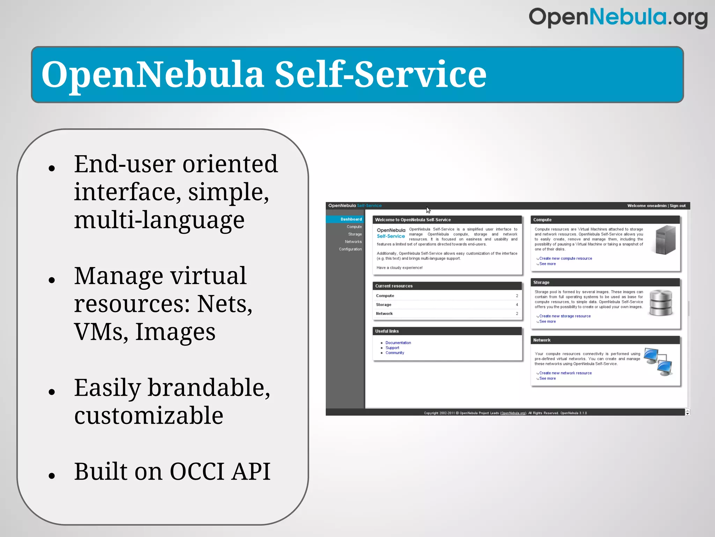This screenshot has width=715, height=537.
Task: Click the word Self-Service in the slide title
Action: click(381, 74)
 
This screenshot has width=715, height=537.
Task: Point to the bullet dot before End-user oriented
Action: click(52, 169)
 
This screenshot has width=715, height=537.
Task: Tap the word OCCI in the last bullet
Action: click(197, 472)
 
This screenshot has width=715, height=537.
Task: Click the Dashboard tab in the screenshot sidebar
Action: click(351, 219)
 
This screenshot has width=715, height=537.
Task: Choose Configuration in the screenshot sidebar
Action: click(350, 249)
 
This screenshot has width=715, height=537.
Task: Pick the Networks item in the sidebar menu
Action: click(353, 242)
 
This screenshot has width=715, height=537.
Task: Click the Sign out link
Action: click(678, 206)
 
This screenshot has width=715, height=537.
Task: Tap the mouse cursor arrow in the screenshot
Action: click(428, 210)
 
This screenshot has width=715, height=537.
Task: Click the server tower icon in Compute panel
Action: click(665, 240)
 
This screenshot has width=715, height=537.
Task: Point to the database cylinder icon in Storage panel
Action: click(661, 303)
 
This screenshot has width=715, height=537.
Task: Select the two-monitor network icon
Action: click(658, 362)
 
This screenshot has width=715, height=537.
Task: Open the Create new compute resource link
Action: click(566, 258)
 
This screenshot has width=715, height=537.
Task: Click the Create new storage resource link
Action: click(565, 316)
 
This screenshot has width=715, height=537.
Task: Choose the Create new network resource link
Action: click(565, 373)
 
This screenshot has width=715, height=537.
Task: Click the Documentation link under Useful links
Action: click(398, 343)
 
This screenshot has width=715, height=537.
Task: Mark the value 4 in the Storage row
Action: click(517, 305)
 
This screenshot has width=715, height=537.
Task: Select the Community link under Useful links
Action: click(395, 353)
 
